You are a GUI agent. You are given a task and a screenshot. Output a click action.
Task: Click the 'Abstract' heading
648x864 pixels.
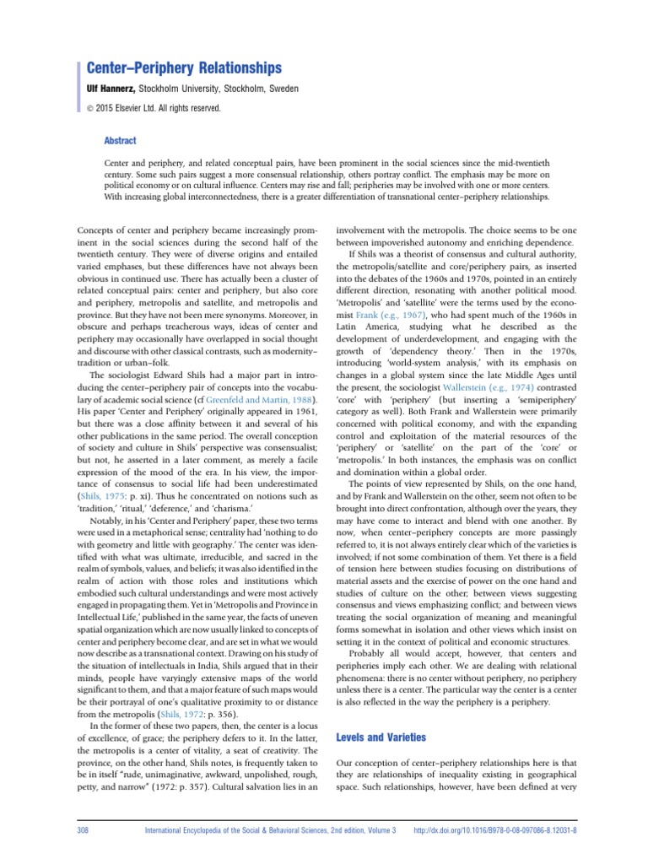pos(120,141)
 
